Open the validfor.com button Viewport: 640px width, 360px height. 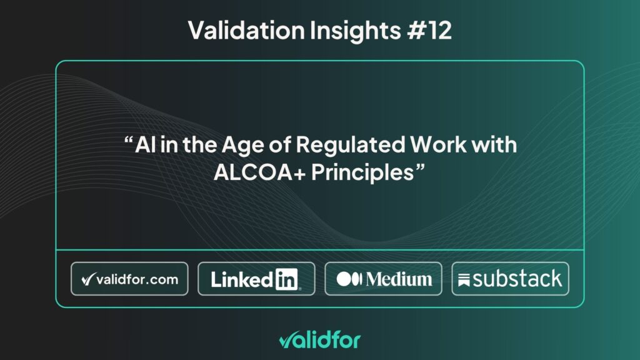point(129,279)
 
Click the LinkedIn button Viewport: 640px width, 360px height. point(256,279)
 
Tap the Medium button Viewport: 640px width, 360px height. point(383,279)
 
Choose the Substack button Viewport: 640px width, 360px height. point(510,279)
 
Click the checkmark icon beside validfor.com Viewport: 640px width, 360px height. point(87,279)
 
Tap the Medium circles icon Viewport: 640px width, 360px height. point(350,279)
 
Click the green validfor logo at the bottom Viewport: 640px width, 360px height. point(319,340)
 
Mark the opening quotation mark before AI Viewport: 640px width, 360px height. point(128,141)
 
